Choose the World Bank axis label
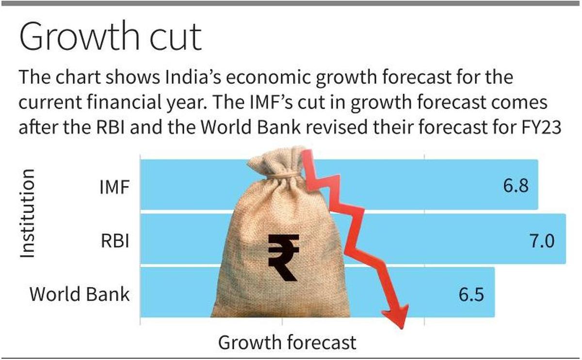pos(80,294)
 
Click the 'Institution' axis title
pos(29,213)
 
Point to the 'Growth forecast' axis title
pos(287,343)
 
